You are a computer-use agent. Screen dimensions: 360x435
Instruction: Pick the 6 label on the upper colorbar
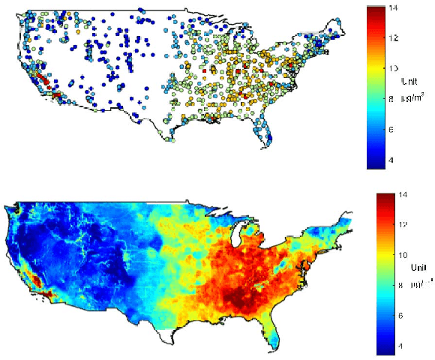click(394, 129)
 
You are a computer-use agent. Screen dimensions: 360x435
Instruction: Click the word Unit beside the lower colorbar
click(418, 268)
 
